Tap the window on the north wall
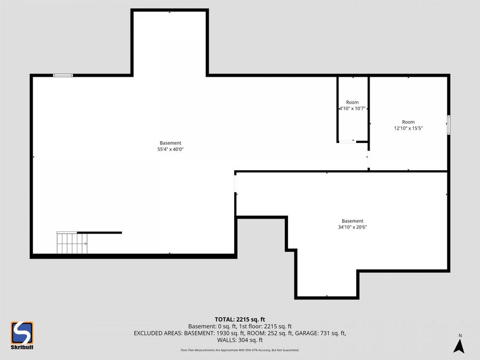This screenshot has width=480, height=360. coord(63,76)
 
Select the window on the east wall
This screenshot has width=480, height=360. coord(449,124)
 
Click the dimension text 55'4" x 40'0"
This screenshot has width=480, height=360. coord(171,149)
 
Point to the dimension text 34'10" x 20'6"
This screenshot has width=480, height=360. coord(353,227)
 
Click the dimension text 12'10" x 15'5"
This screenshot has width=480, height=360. coord(408,128)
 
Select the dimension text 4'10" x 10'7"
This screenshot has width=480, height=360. coord(352,108)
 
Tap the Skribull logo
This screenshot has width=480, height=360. coord(22,335)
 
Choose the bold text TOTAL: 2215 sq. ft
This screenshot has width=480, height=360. coord(239,319)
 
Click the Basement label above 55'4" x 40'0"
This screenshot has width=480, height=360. coord(171,143)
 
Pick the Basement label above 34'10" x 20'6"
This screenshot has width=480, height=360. coord(353,221)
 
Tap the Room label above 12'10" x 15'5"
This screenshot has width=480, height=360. coord(408,122)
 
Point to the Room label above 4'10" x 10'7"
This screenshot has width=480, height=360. coord(352,102)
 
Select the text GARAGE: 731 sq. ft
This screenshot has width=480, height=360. coord(323,333)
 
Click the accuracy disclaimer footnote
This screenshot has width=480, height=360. coord(239,350)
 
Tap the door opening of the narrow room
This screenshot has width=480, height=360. coord(347,141)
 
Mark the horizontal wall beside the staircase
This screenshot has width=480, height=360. coord(100,233)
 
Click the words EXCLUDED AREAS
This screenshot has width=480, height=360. coord(158,333)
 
